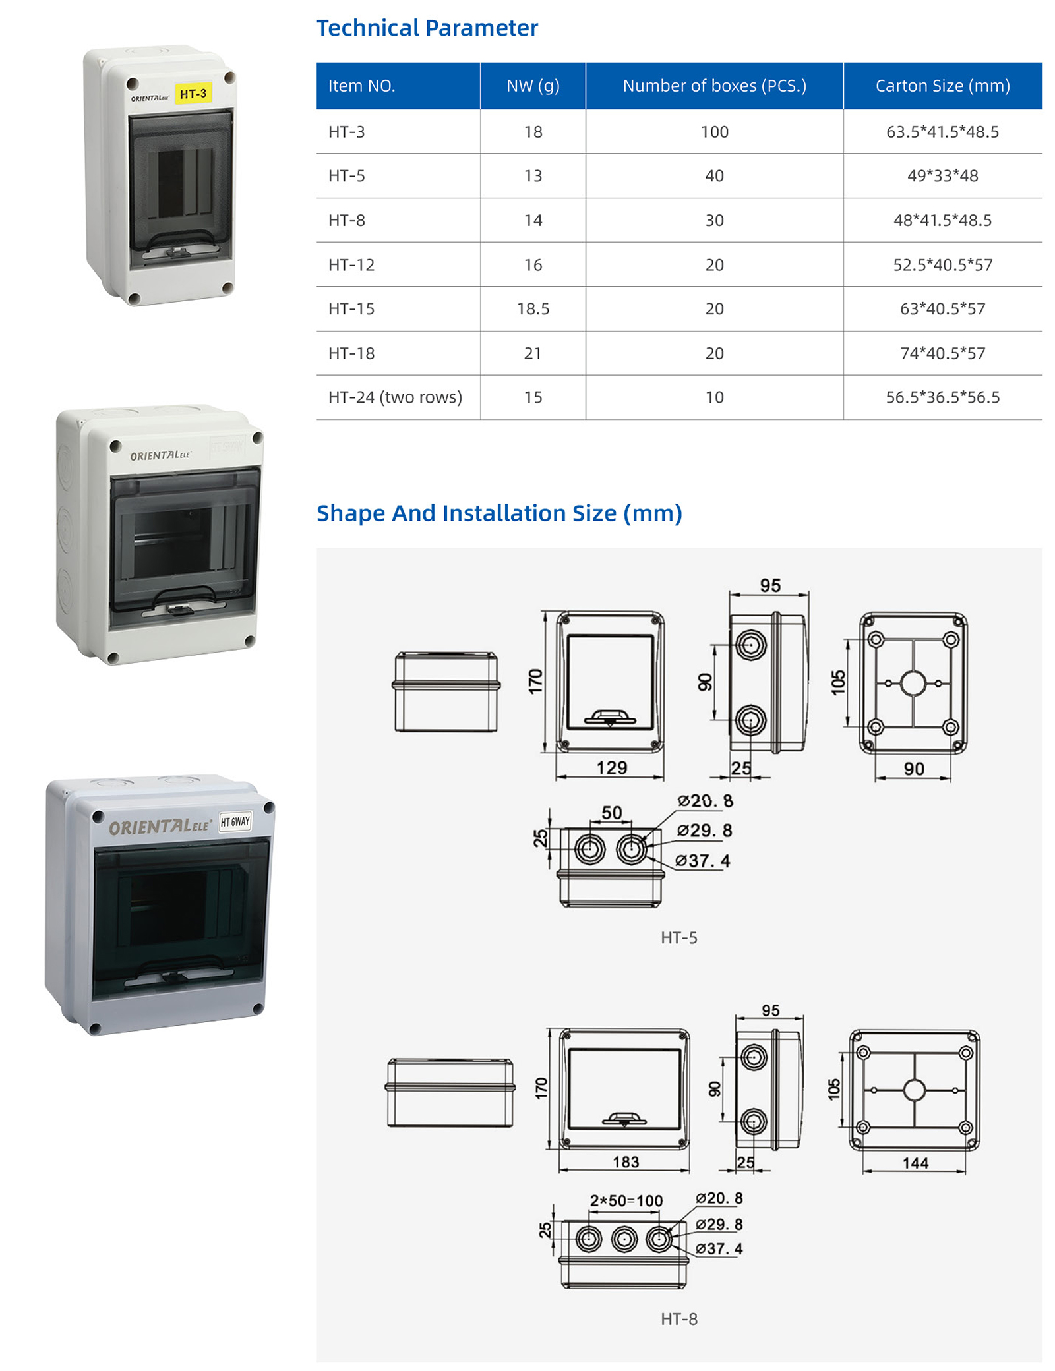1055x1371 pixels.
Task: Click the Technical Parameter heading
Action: (x=427, y=28)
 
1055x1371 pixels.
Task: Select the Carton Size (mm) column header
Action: (x=942, y=86)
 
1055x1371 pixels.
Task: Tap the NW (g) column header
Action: (x=533, y=86)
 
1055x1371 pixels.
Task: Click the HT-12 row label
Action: (x=351, y=265)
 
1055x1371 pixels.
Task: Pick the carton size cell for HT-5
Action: (x=942, y=176)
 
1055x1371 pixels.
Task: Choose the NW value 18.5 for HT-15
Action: (x=533, y=309)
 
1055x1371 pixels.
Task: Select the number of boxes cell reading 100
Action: (x=714, y=132)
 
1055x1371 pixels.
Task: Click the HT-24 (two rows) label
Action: (x=395, y=397)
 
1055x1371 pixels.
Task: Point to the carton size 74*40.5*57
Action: (x=942, y=353)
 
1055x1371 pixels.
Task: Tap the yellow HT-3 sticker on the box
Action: (x=193, y=94)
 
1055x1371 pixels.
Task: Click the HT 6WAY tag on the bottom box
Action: (x=235, y=821)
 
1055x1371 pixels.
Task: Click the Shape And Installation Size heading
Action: (x=499, y=513)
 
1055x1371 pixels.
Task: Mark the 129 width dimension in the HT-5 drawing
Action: (x=611, y=768)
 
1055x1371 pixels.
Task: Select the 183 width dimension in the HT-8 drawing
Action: (x=626, y=1162)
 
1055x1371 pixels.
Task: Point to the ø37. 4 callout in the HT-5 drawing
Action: (x=703, y=861)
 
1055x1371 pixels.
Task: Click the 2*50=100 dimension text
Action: (x=626, y=1200)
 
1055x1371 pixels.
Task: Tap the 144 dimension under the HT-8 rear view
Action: (x=915, y=1163)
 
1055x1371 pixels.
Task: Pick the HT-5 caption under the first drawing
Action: (x=679, y=937)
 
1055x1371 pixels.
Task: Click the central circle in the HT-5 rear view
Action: (x=913, y=684)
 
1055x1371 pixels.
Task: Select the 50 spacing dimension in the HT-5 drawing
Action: (x=612, y=813)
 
